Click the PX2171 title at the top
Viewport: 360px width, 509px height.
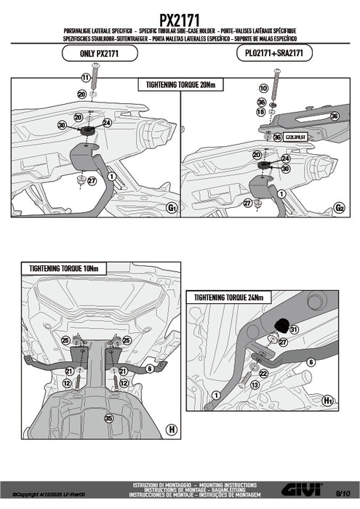pos(180,13)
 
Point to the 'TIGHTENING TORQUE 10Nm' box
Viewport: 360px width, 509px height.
pos(63,268)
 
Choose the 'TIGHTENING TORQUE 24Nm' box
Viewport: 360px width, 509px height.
pos(228,297)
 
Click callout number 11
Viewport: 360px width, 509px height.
pos(85,77)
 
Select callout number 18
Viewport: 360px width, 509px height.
pos(262,111)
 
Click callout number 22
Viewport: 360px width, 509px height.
pos(263,373)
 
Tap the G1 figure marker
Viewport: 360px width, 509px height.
pos(172,208)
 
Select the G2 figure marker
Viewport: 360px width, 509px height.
pos(339,208)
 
